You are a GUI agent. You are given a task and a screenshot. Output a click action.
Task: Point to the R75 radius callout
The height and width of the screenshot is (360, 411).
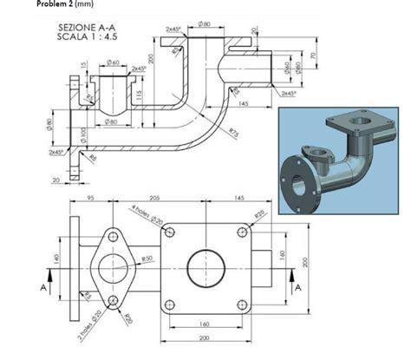pyautogui.click(x=234, y=131)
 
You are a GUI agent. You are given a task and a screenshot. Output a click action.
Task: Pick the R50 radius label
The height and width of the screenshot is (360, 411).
pyautogui.click(x=147, y=258)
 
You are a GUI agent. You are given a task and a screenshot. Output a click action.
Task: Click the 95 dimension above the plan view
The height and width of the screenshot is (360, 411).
pyautogui.click(x=90, y=198)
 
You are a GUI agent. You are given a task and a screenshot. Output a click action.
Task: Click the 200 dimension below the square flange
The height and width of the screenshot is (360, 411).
pyautogui.click(x=205, y=338)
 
